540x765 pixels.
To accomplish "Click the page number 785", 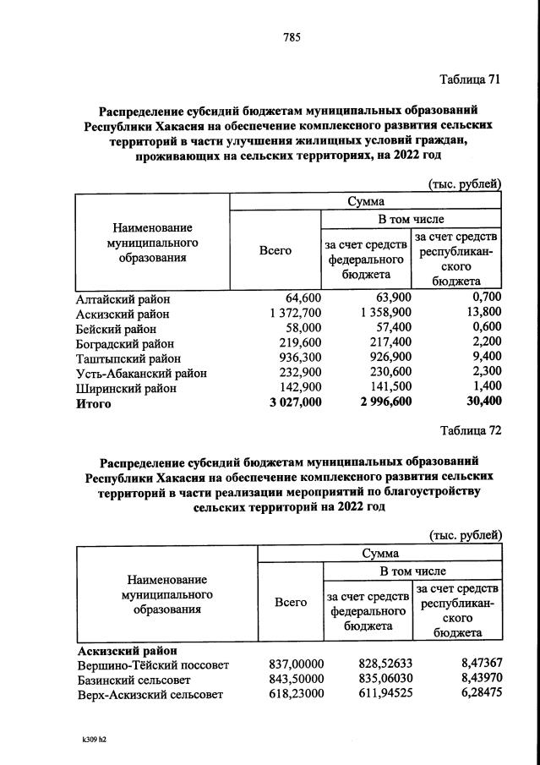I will tap(292, 36).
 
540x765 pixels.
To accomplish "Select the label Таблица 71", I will tap(471, 79).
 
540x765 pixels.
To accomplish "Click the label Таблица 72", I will tap(471, 430).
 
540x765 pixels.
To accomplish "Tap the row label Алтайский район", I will tap(123, 298).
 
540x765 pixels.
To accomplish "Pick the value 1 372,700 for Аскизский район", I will tap(291, 313).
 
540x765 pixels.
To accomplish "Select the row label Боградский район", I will tap(126, 343).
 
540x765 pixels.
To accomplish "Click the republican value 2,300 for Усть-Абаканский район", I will tap(485, 373).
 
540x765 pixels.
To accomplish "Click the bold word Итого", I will tap(94, 404).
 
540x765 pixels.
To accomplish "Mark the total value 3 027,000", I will tap(289, 403).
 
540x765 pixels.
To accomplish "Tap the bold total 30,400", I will tap(481, 403).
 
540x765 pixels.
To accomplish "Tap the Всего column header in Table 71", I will tap(275, 251).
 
